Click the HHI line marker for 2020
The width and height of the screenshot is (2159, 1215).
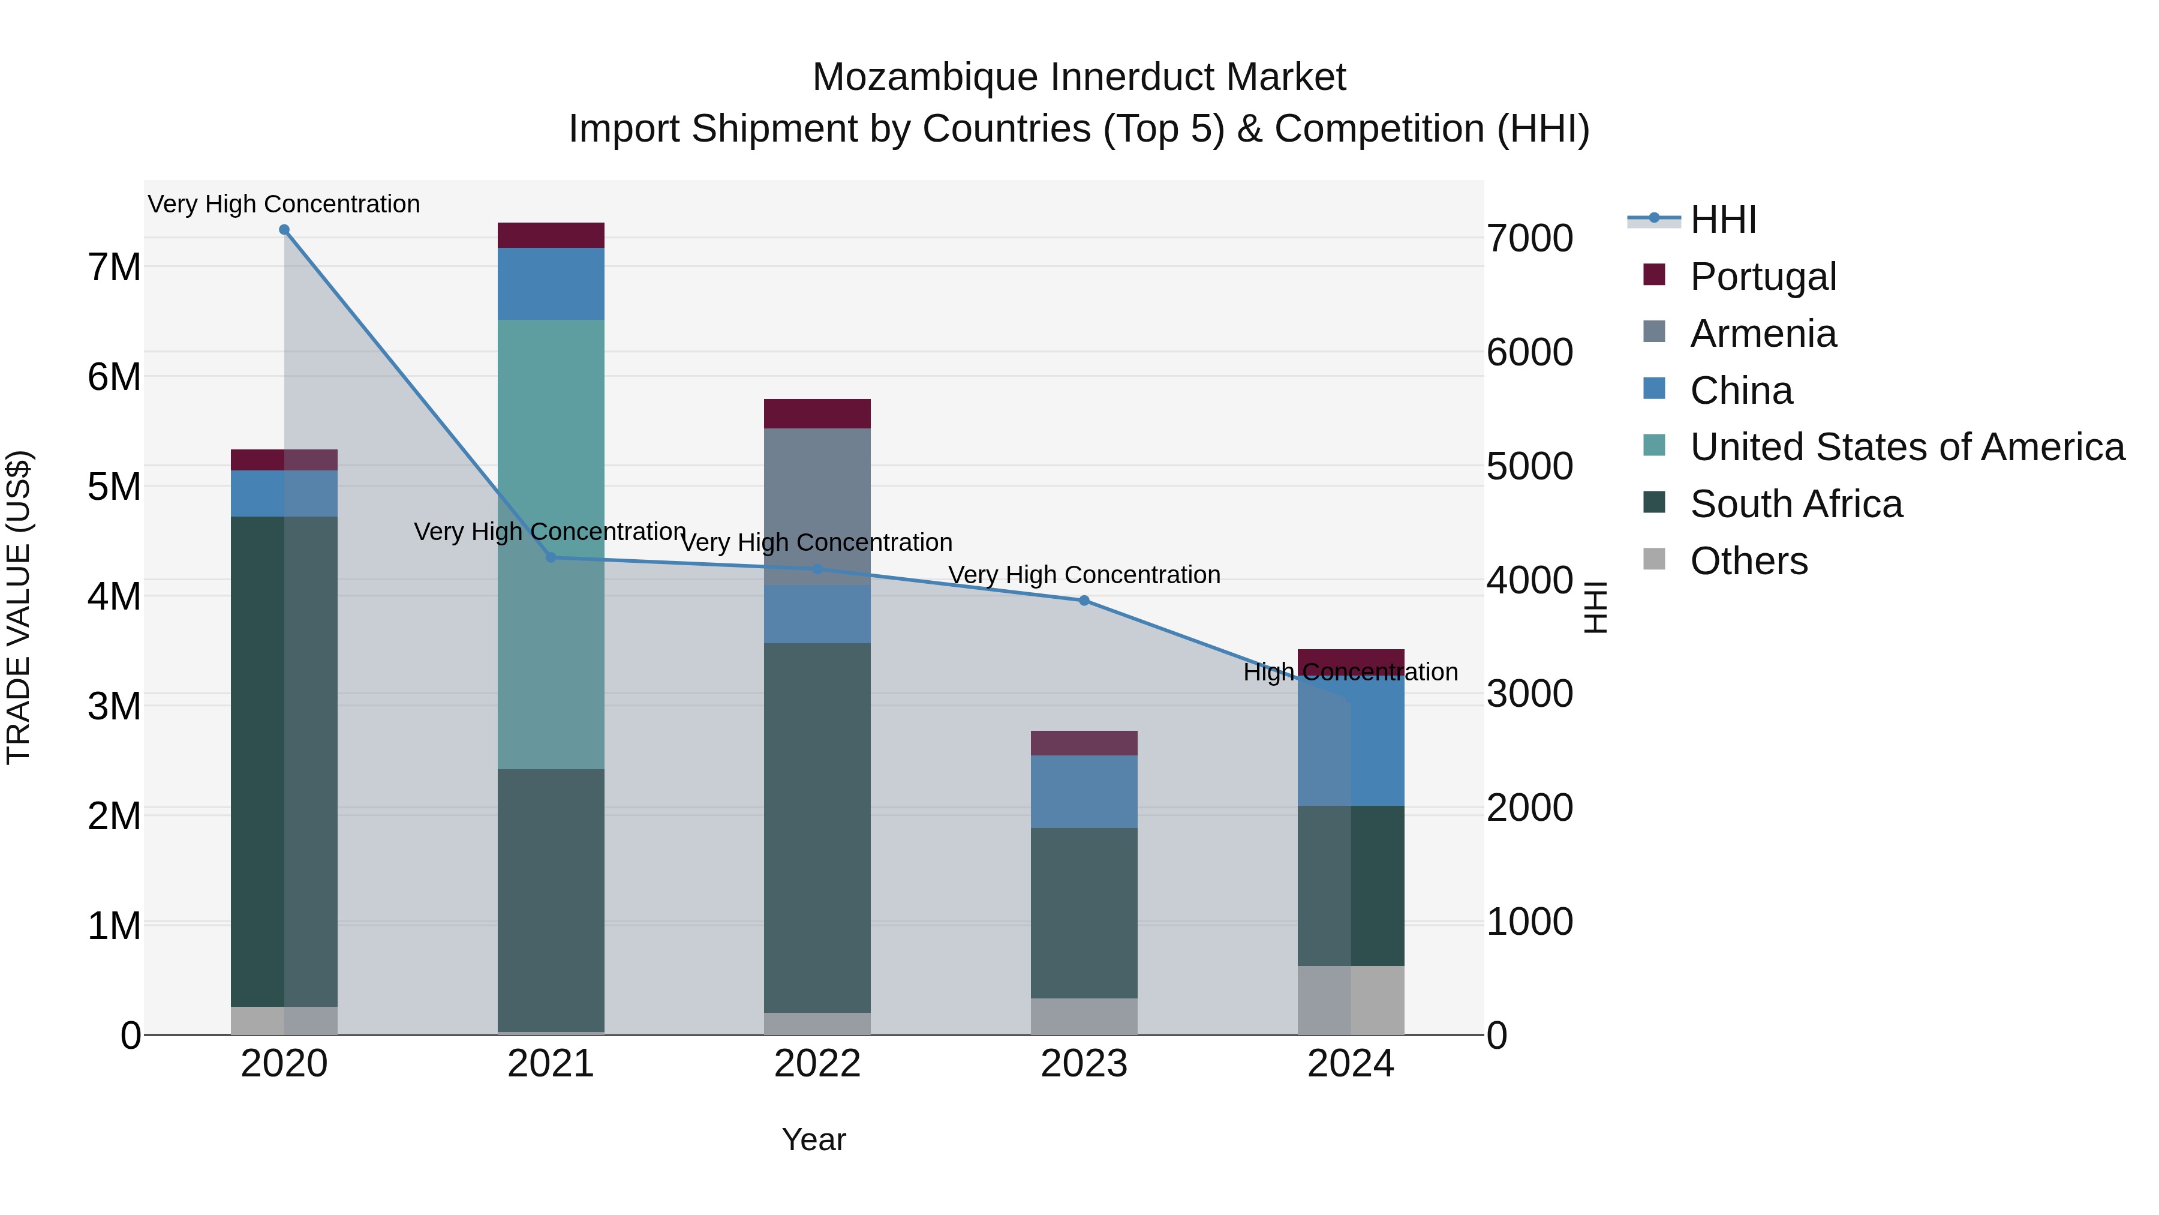(284, 230)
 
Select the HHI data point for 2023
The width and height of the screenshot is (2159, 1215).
(1084, 601)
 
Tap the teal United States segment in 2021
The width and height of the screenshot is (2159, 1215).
(551, 419)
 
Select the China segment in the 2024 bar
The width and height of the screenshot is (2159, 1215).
(1350, 742)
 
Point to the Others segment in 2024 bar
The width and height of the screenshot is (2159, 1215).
(1350, 1000)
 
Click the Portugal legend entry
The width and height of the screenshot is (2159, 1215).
(1763, 277)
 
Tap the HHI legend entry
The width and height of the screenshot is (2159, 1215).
(1722, 220)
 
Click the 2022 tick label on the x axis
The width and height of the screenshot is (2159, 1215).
(817, 1064)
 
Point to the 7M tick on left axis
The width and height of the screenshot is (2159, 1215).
(114, 268)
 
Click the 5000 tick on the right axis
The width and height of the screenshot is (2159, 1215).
(1529, 466)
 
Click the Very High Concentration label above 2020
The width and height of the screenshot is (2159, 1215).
(284, 204)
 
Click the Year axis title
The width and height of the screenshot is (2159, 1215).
(814, 1139)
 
